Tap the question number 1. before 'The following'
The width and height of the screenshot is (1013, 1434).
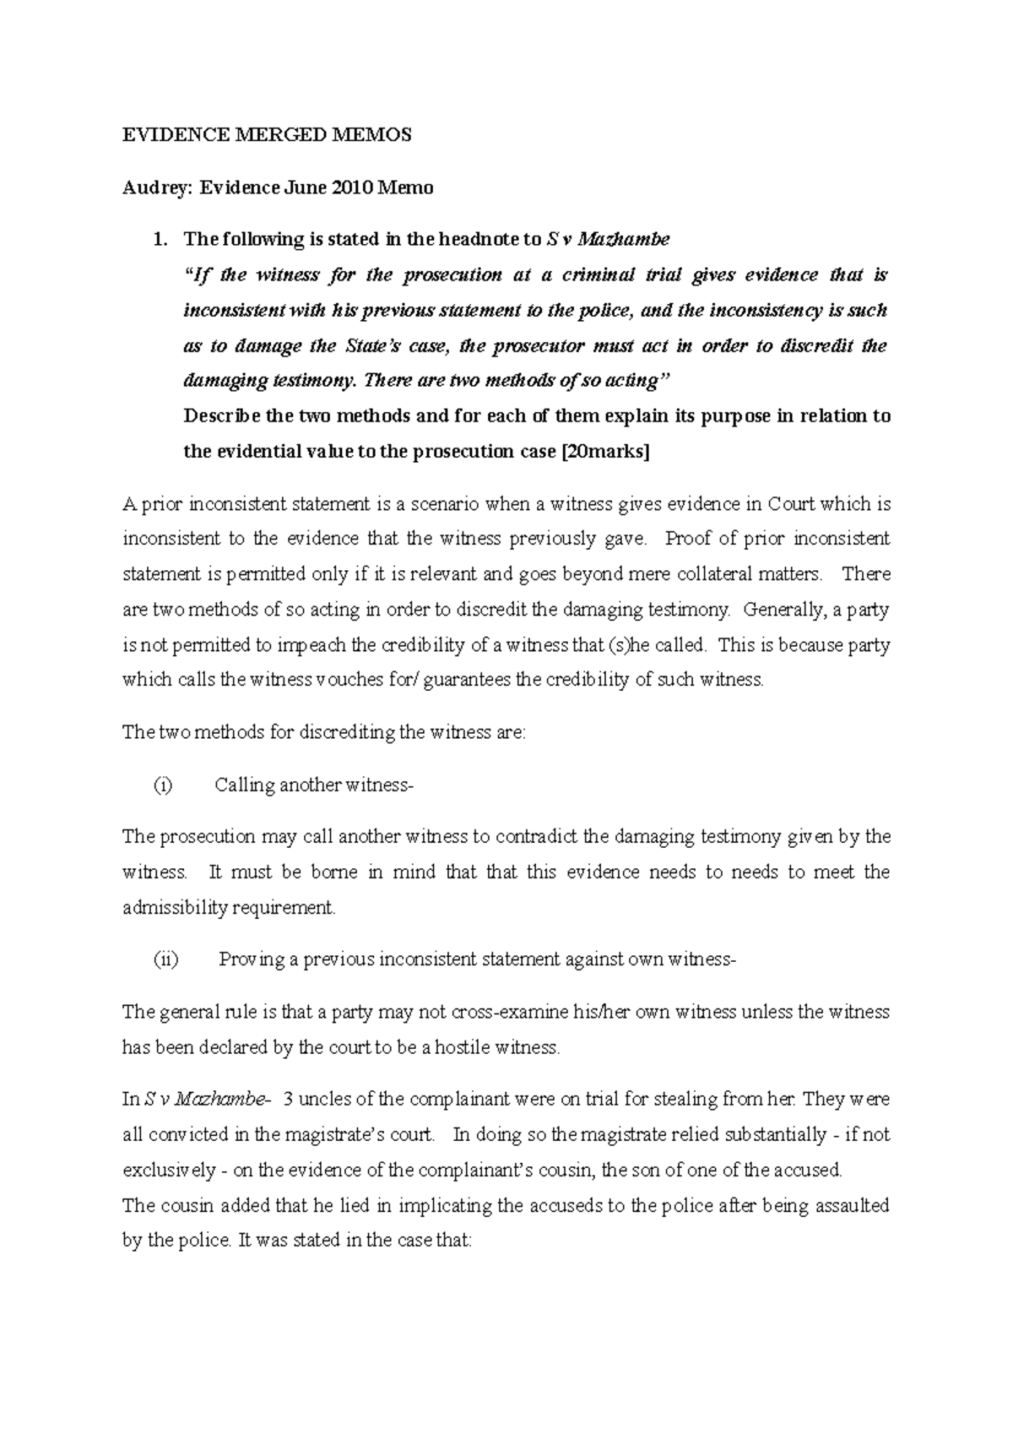click(x=160, y=239)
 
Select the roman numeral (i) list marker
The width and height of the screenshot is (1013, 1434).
click(x=162, y=785)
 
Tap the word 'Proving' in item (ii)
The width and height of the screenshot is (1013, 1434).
click(x=250, y=960)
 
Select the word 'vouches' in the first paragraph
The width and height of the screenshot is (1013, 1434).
click(x=346, y=680)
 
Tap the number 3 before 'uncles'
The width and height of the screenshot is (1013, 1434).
click(x=290, y=1100)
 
